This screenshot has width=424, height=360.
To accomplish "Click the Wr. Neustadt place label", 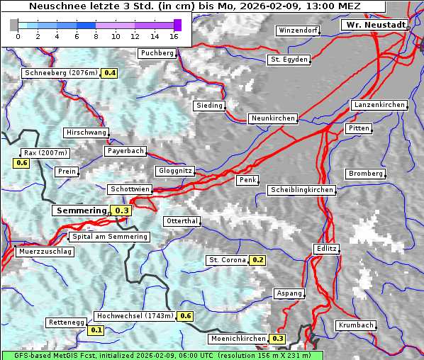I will coord(374,25).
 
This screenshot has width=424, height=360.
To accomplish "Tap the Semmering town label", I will coord(81,210).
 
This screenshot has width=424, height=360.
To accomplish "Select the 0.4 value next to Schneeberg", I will coord(110,73).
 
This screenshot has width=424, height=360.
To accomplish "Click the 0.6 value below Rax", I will coord(21,163).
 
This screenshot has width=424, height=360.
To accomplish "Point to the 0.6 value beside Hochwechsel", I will coord(186,316).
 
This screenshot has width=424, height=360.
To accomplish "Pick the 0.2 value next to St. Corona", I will coord(257,260).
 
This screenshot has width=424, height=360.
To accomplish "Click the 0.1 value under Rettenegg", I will coord(96,330).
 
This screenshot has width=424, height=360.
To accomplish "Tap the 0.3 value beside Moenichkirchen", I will coord(277,339).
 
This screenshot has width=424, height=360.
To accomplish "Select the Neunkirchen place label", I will coord(272,118).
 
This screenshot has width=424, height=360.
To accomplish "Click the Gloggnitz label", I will coord(174,171).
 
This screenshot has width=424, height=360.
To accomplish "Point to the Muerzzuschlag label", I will coord(45,252).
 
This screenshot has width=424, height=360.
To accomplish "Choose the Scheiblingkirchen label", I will coord(301,190).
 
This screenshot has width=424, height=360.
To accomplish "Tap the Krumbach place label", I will coord(355,325).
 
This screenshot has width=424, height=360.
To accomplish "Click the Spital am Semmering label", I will coord(108,237).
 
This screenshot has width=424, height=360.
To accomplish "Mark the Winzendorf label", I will coord(298,31).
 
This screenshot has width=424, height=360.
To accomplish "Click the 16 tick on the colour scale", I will coord(174,35).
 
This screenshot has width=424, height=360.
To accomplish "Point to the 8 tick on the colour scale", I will coord(96,35).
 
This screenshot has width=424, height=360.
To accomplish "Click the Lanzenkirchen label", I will coord(379,105).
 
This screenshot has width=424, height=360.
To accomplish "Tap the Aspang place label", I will coord(289,293).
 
